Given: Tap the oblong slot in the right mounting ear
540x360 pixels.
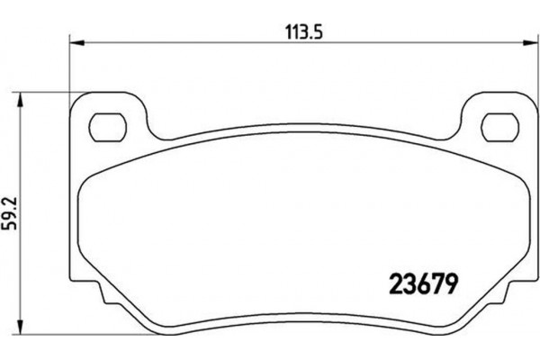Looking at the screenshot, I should click(492, 122).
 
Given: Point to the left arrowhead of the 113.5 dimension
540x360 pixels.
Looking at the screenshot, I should click(76, 41).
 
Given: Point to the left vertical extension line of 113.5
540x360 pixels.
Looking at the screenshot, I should click(70, 67).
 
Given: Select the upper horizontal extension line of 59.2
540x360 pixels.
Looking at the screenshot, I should click(45, 91).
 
